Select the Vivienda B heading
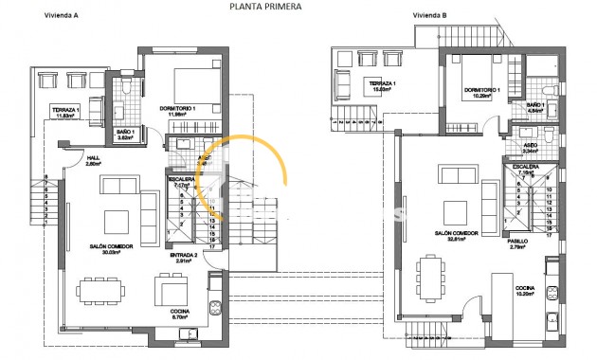coord(433,16)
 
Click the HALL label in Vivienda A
coord(92,157)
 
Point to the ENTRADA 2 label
coord(183,255)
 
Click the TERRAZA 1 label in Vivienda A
coord(64,111)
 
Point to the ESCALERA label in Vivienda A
coord(180,179)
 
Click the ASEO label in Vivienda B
coord(531,146)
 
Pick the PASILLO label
coord(516,241)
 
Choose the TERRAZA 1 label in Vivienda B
coord(381,84)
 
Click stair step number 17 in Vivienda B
coord(549,239)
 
